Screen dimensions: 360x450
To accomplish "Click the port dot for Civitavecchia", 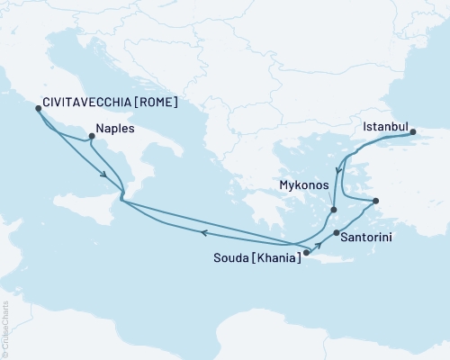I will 38,108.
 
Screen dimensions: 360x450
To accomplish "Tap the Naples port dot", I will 91,138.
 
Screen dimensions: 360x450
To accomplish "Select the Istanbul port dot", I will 414,133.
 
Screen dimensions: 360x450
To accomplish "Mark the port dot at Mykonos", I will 334,210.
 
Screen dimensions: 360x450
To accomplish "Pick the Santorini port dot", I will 336,234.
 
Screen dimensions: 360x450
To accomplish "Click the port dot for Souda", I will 306,253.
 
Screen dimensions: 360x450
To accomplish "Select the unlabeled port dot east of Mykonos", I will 376,201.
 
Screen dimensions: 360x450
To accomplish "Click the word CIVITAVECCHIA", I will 85,103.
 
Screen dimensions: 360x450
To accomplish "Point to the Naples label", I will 117,129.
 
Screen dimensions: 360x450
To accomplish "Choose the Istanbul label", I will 386,128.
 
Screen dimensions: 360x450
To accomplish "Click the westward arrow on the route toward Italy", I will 204,233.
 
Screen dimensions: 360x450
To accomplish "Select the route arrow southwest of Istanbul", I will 338,169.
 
